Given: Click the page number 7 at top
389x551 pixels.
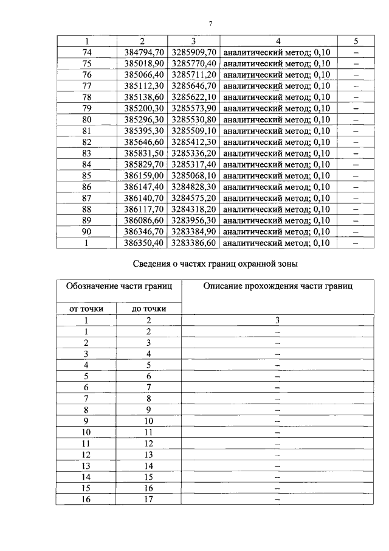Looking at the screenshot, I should [x=210, y=24].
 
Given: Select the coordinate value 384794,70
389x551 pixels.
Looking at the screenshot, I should [x=142, y=52].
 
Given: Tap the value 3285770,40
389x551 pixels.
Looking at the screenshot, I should [x=193, y=63].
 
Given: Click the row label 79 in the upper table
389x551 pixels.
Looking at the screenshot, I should [x=86, y=108].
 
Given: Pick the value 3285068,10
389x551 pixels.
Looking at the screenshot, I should [x=193, y=175].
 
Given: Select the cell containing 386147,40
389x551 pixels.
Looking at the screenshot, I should [x=142, y=186].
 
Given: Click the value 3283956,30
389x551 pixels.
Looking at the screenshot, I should [x=193, y=220].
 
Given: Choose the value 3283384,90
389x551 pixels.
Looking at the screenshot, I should [x=193, y=231].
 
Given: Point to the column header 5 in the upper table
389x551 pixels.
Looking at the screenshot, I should [x=356, y=41].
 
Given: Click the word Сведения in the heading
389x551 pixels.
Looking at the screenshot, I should [x=153, y=265].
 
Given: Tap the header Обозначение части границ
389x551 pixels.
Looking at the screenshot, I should [x=120, y=286].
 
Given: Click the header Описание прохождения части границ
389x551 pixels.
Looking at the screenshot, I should [x=278, y=286].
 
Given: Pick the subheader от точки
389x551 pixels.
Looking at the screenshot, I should [x=87, y=309].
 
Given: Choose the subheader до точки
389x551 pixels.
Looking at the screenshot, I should [x=148, y=309].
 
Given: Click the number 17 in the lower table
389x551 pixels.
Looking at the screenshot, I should [x=148, y=499].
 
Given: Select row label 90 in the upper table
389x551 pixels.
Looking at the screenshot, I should [x=86, y=231].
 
